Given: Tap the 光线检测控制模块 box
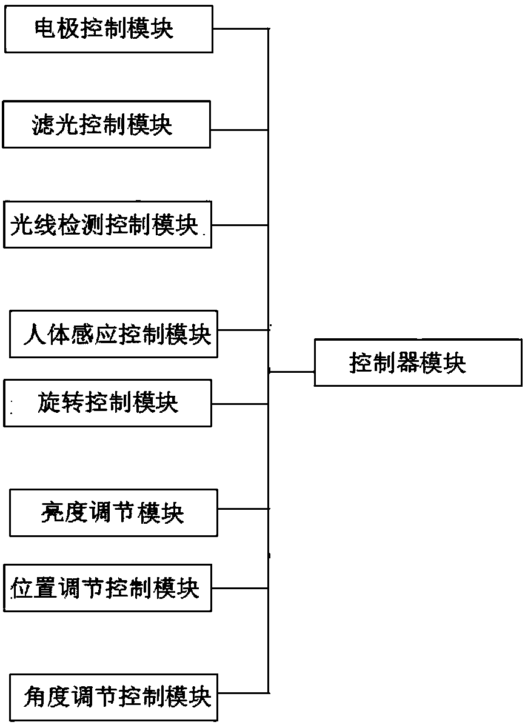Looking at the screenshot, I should (x=107, y=225).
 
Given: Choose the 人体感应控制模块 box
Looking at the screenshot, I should (x=113, y=333).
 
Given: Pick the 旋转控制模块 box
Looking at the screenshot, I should (x=108, y=403).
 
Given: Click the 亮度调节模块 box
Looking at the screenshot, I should (x=113, y=513).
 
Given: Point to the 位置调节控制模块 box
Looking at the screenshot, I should (x=108, y=587).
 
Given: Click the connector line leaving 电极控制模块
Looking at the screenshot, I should (x=240, y=28).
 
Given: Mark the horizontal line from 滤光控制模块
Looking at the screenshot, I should (x=239, y=129).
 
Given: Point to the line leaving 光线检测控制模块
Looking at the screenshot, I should (x=239, y=225).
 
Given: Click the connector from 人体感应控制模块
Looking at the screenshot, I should (x=242, y=330).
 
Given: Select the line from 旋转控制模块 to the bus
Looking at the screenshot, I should (x=239, y=404).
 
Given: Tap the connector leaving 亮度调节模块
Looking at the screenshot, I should (x=242, y=509).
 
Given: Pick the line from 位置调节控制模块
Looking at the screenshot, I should (x=239, y=587).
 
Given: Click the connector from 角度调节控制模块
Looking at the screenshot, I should (x=242, y=692).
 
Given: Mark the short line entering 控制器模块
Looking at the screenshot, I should (x=292, y=372).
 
